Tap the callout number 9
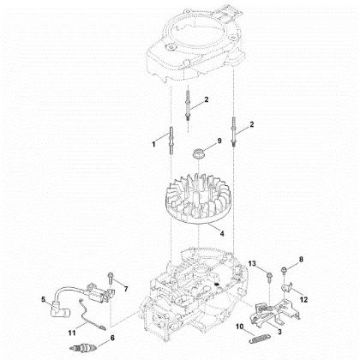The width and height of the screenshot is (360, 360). (x=219, y=141)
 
